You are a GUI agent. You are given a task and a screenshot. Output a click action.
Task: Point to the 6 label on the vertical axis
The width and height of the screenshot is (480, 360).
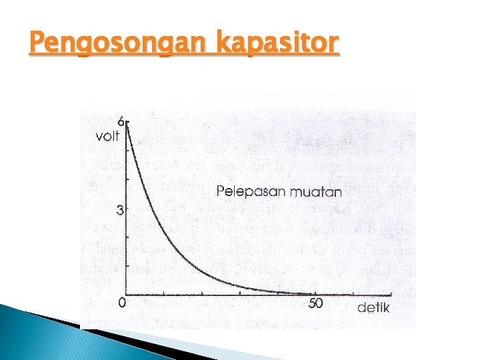tap(121, 123)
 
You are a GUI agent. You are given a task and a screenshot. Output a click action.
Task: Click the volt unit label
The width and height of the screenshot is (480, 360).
tap(107, 137)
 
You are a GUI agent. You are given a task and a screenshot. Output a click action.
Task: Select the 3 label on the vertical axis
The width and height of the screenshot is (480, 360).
tap(120, 210)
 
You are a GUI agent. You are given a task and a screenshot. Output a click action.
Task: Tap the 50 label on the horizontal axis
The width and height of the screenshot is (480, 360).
tap(315, 304)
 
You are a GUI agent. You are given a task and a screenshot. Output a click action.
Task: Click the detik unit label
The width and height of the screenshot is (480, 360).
tap(373, 307)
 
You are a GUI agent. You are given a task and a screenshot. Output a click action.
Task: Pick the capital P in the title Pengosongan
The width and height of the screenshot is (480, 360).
tap(37, 44)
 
